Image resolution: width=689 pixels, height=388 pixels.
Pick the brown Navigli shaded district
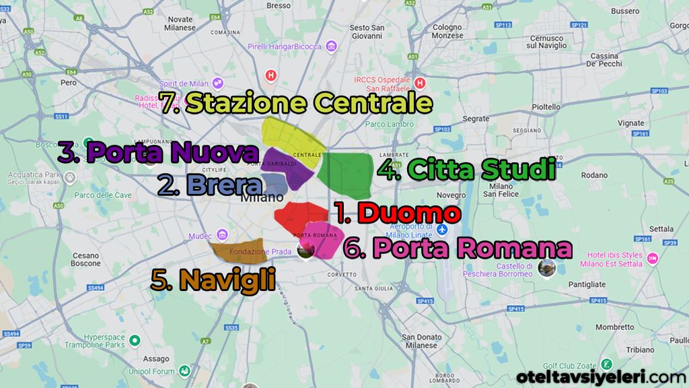pos(238,249)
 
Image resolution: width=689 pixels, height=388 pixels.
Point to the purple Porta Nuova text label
pos(172,153)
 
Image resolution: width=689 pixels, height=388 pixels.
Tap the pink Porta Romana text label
pos(472,248)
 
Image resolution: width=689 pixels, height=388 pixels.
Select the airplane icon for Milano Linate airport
pos(442,230)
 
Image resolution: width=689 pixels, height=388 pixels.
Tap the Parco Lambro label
pos(390,124)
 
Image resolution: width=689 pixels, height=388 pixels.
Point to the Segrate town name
pos(476,119)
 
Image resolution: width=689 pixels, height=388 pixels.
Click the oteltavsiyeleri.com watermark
pos(602,377)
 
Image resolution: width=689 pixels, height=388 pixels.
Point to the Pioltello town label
pos(546,106)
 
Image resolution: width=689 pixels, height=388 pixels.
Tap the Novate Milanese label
pos(180,23)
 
